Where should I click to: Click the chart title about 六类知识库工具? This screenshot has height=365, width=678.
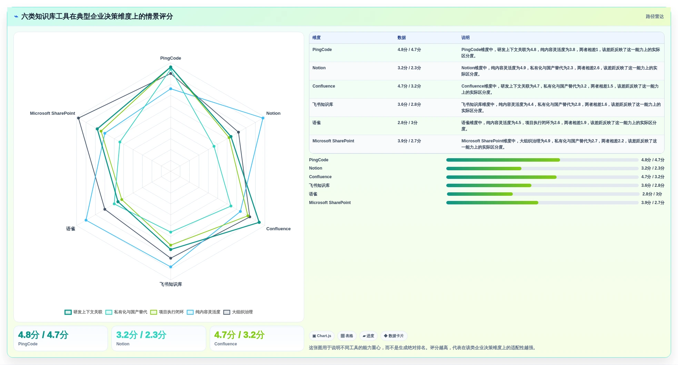(x=97, y=17)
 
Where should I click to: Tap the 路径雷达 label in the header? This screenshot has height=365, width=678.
(x=655, y=17)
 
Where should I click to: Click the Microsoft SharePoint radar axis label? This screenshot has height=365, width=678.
(x=52, y=113)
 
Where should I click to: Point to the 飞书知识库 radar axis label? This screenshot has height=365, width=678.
(x=171, y=284)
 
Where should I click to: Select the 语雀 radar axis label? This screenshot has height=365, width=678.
(x=71, y=229)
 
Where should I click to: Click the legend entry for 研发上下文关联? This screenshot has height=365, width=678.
(x=83, y=312)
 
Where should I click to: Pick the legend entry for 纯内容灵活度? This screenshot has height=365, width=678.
(x=203, y=312)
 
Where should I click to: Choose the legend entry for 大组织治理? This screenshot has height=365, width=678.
(x=238, y=312)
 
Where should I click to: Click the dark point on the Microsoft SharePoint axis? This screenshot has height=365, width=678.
(x=79, y=118)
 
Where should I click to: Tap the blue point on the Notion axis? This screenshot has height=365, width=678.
(x=263, y=118)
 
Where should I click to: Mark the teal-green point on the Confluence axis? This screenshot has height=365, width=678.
(x=259, y=222)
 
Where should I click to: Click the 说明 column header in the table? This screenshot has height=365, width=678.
(x=465, y=38)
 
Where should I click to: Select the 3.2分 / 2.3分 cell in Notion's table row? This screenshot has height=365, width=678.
(x=409, y=68)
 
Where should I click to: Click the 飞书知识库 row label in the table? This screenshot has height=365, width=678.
(x=323, y=105)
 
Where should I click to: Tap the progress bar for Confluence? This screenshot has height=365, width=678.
(x=542, y=177)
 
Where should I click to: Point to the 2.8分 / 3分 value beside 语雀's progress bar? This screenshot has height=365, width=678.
(x=652, y=194)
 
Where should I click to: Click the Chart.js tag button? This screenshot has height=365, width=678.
(x=322, y=336)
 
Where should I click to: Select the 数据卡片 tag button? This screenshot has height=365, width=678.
(x=394, y=336)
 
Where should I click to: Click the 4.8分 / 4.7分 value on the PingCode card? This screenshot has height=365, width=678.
(x=43, y=335)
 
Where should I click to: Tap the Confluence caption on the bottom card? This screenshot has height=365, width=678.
(x=226, y=344)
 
